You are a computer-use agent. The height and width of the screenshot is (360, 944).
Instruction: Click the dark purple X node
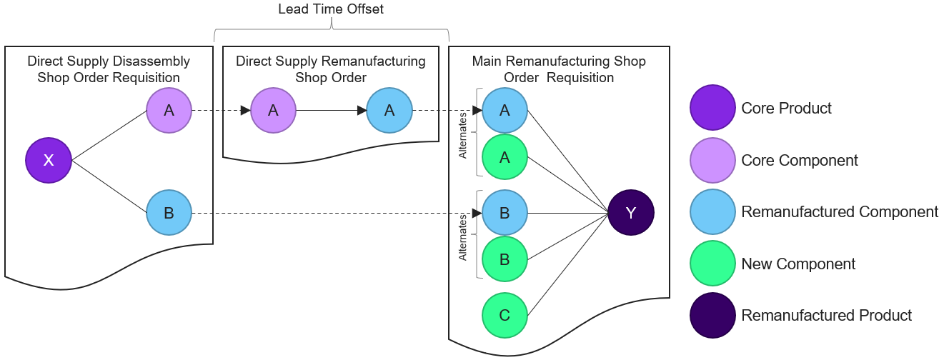(49, 160)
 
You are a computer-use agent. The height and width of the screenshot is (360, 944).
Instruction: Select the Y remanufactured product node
(631, 212)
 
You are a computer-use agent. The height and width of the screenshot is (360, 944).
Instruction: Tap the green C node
(505, 315)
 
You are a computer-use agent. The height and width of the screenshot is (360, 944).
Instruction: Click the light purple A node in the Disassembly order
(169, 110)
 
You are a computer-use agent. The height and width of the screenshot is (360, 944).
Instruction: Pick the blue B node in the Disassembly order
(169, 212)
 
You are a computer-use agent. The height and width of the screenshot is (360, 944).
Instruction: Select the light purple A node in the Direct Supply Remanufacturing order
(273, 110)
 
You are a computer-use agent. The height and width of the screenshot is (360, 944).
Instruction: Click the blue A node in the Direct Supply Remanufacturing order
(389, 110)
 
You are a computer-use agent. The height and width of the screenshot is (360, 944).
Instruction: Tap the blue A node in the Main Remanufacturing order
(505, 110)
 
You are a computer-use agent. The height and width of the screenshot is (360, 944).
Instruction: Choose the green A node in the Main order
(505, 157)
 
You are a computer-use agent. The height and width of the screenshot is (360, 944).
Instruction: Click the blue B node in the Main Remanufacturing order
(505, 212)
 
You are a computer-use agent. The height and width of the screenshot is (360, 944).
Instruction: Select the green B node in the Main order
(505, 259)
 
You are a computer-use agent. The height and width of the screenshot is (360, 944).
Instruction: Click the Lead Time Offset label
(331, 9)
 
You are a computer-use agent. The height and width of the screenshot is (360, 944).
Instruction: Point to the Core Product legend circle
(712, 109)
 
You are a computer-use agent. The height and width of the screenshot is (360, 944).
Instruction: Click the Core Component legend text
(800, 161)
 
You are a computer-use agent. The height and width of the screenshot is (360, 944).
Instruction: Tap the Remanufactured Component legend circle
(712, 212)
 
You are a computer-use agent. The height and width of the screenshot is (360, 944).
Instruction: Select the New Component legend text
(798, 264)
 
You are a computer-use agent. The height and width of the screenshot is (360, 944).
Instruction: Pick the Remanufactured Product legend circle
(712, 316)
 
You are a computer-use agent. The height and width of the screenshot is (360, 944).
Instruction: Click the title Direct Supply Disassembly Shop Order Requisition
(109, 69)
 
